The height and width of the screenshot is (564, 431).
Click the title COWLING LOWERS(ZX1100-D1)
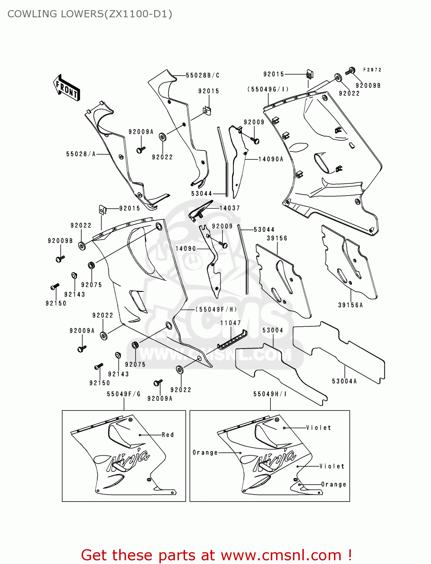coord(90,14)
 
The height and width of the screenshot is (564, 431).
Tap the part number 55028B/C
coord(203,76)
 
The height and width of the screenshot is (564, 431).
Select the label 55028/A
coord(81,154)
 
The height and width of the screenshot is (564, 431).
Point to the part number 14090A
coord(271,159)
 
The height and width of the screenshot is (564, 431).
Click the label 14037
coord(229,208)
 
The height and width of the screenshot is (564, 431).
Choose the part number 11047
coord(231,323)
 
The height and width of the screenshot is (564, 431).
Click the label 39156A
coord(351,305)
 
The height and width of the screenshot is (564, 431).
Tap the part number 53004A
coord(344,381)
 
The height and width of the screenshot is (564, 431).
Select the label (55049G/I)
coord(268,89)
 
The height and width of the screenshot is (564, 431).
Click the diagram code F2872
coord(372,70)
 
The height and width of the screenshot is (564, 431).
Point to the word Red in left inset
coord(168,435)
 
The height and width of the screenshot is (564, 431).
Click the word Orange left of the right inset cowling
coord(205,453)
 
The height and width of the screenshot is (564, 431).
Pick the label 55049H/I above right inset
coord(270,394)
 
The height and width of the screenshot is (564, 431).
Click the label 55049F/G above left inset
coord(124,394)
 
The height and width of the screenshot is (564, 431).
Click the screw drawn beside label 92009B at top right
coord(351,70)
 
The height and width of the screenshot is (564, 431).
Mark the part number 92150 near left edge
coord(56,303)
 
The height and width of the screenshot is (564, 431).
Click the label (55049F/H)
coord(216,309)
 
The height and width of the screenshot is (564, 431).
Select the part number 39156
coord(277,238)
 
